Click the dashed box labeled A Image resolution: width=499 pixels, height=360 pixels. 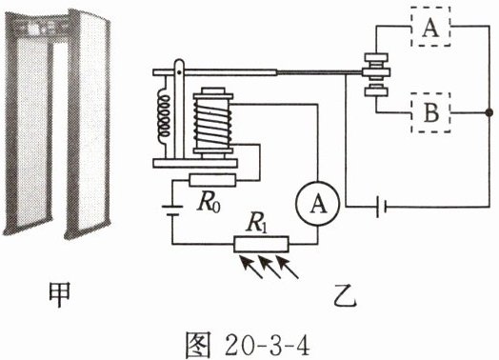pyautogui.click(x=430, y=27)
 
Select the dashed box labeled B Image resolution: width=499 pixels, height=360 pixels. pyautogui.click(x=430, y=112)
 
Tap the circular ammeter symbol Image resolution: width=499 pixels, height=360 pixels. pyautogui.click(x=318, y=204)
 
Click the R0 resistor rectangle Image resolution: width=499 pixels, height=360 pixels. pyautogui.click(x=212, y=181)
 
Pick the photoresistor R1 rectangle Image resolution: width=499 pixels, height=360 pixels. pyautogui.click(x=261, y=244)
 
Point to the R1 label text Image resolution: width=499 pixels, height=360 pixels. pyautogui.click(x=256, y=224)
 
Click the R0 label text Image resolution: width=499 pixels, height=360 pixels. pyautogui.click(x=209, y=203)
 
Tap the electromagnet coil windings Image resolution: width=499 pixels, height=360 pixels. pyautogui.click(x=212, y=123)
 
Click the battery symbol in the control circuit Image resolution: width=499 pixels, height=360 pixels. pyautogui.click(x=172, y=211)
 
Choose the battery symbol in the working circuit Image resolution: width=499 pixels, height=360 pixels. pyautogui.click(x=381, y=207)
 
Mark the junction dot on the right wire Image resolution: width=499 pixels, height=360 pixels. pyautogui.click(x=489, y=112)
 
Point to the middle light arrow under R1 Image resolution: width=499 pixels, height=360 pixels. pyautogui.click(x=269, y=268)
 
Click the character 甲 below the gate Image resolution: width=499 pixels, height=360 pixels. pyautogui.click(x=59, y=294)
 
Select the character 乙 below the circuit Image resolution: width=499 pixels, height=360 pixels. pyautogui.click(x=346, y=294)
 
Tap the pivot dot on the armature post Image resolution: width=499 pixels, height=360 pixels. pyautogui.click(x=179, y=72)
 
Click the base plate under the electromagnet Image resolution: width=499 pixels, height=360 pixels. pyautogui.click(x=195, y=163)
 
